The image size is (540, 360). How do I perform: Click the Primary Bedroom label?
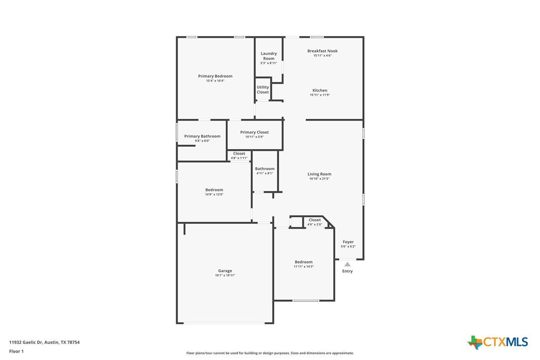point(215,76)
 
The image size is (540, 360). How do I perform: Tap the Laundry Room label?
point(269,56)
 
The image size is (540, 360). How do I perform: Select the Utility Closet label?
point(263,90)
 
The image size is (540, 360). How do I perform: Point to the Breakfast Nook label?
point(322,51)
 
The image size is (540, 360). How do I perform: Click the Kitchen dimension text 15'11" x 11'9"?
point(320,95)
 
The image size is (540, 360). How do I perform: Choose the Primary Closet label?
point(255,132)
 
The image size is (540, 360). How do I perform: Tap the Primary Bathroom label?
point(202,136)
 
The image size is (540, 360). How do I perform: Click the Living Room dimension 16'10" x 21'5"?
point(319,179)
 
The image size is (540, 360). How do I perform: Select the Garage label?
point(225,271)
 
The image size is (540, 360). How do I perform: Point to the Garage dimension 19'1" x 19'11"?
point(225,275)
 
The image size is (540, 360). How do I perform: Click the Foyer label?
point(348,242)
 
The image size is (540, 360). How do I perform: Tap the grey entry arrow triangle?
point(348,264)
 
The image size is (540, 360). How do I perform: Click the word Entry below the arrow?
point(348,271)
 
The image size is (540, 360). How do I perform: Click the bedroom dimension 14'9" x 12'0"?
point(214,194)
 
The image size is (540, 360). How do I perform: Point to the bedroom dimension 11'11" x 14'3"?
point(304,267)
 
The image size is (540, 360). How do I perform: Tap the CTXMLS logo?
point(497,342)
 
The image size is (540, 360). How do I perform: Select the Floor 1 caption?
point(16,352)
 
